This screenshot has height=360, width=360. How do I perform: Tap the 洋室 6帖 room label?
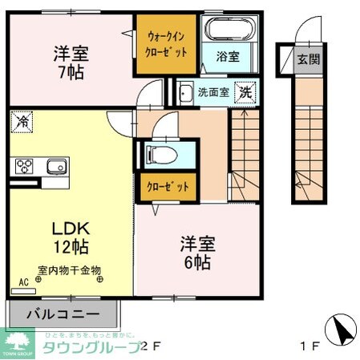(x=196, y=253)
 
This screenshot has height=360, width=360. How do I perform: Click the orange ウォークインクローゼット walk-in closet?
(x=168, y=43)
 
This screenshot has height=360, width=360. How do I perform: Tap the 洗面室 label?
(x=213, y=93)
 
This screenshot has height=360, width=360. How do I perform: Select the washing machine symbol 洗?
(x=245, y=92)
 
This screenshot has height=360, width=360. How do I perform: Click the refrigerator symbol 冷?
(x=21, y=123)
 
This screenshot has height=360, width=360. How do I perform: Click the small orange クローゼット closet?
(x=168, y=186)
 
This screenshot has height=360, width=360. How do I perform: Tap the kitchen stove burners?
(x=22, y=167)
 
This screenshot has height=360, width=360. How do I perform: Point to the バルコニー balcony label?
(x=67, y=313)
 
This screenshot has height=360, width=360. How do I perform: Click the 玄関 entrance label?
(x=307, y=59)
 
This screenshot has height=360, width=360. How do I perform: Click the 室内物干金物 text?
(x=69, y=271)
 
